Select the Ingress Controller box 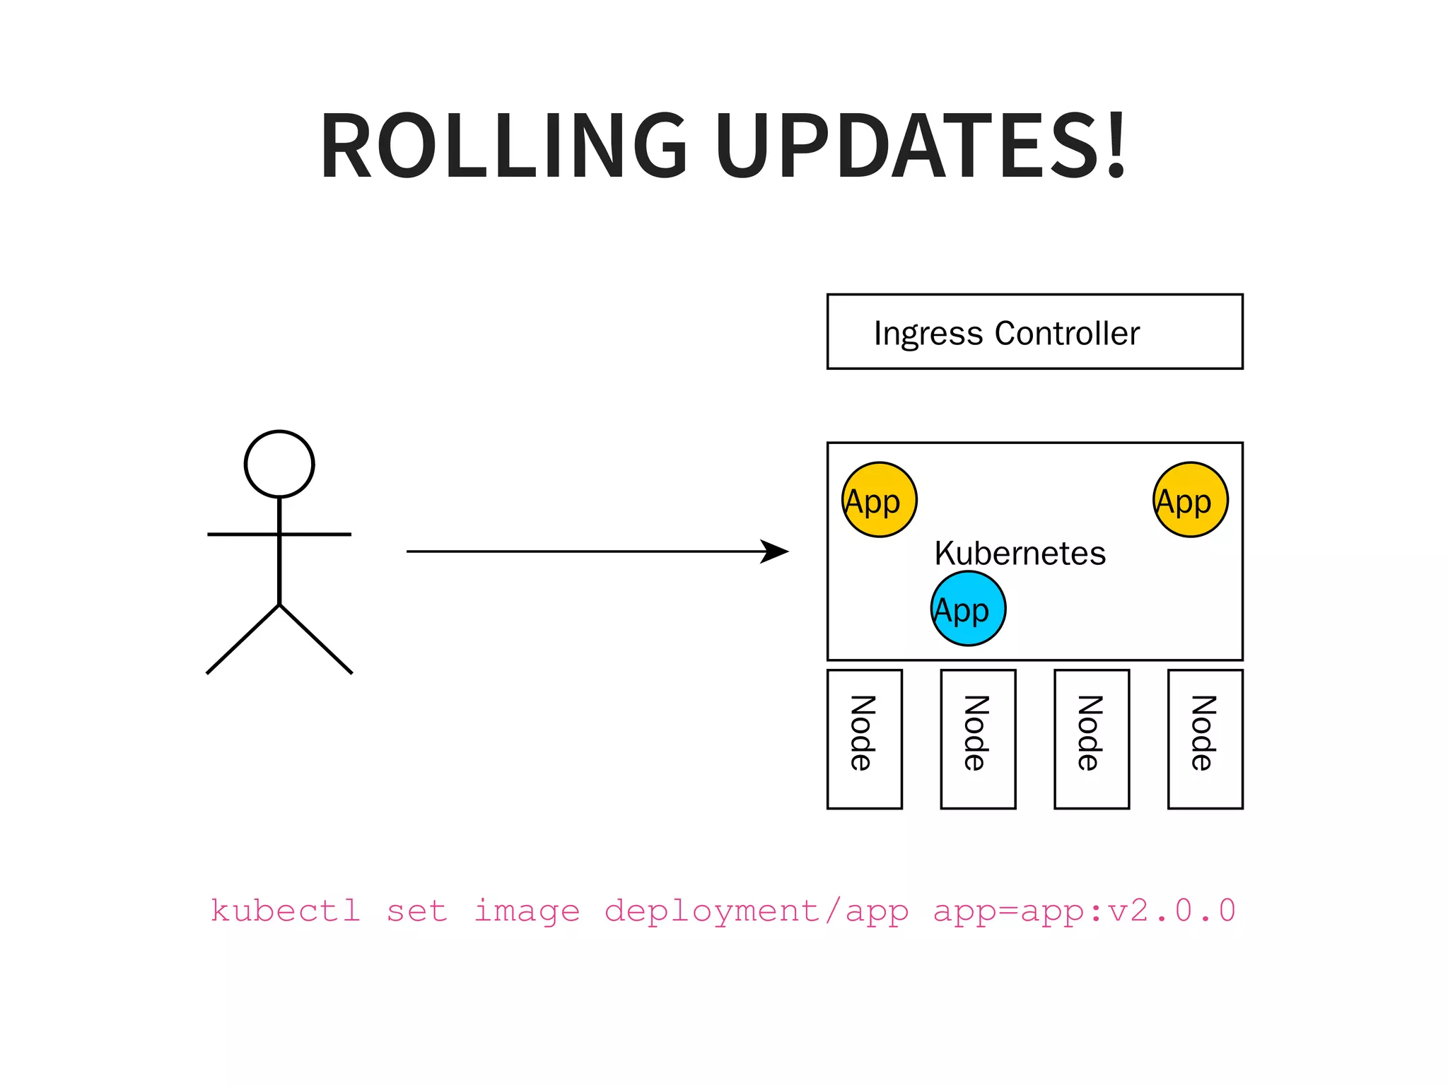click(x=1034, y=332)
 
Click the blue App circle click(x=968, y=609)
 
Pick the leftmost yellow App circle click(x=879, y=500)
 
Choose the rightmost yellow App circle click(x=1191, y=500)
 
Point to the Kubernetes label click(x=1020, y=553)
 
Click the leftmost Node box click(x=864, y=739)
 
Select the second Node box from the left click(x=978, y=739)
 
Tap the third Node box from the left click(x=1091, y=739)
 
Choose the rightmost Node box click(x=1205, y=739)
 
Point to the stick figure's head click(x=279, y=465)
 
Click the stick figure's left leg click(x=243, y=640)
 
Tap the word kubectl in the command click(x=286, y=911)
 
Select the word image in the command click(x=527, y=911)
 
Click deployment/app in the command click(x=756, y=911)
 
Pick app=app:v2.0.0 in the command click(x=1084, y=911)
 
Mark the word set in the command click(x=417, y=911)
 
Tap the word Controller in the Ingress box click(x=1067, y=333)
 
